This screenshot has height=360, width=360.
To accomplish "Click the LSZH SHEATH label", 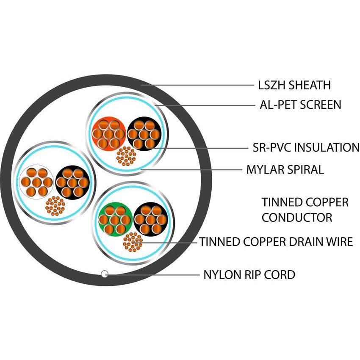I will click(x=294, y=85).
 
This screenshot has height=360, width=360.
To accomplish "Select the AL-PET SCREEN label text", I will click(x=300, y=105).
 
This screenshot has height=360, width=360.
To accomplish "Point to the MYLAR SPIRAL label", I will click(x=285, y=170).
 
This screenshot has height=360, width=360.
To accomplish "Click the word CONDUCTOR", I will click(x=296, y=218).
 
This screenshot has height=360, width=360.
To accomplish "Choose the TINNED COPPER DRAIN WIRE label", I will click(x=276, y=242).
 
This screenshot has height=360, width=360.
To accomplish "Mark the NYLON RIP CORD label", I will click(x=249, y=274).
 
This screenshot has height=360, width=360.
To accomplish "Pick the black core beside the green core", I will click(x=150, y=219).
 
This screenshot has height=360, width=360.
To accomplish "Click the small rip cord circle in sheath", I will click(x=104, y=274).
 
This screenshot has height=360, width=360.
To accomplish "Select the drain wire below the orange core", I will click(x=126, y=156).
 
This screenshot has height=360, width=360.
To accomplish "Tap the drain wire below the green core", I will click(x=133, y=242).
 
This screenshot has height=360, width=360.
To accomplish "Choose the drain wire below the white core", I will click(x=55, y=206).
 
